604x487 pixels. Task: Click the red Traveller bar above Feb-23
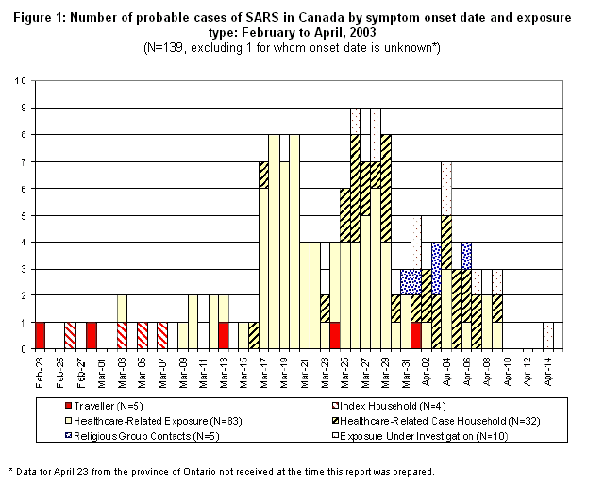pos(41,336)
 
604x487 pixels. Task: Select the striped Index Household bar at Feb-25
pos(71,336)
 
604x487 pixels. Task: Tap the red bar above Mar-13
pos(223,336)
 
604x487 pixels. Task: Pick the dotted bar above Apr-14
pos(547,336)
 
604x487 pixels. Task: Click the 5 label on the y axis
pos(25,214)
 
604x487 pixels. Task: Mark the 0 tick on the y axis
pos(25,349)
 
